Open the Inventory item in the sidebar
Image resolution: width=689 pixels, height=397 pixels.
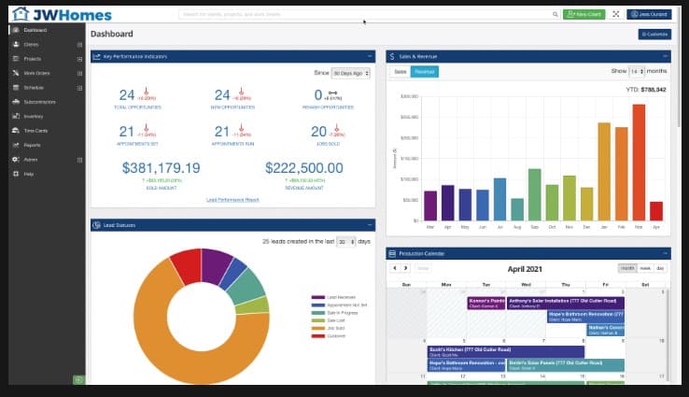point(35,116)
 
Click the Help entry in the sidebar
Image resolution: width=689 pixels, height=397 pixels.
point(29,174)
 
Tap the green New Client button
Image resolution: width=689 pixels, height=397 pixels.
point(584,15)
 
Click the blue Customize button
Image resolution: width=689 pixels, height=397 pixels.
point(654,35)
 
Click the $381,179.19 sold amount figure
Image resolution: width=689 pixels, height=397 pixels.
point(161,168)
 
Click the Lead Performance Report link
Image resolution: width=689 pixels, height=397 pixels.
point(232,200)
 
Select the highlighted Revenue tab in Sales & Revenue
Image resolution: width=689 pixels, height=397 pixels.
point(424,72)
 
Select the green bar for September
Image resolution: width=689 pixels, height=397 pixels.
point(535,194)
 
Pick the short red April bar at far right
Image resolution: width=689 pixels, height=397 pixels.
point(655,210)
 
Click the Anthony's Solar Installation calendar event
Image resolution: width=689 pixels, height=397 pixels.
point(564,303)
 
